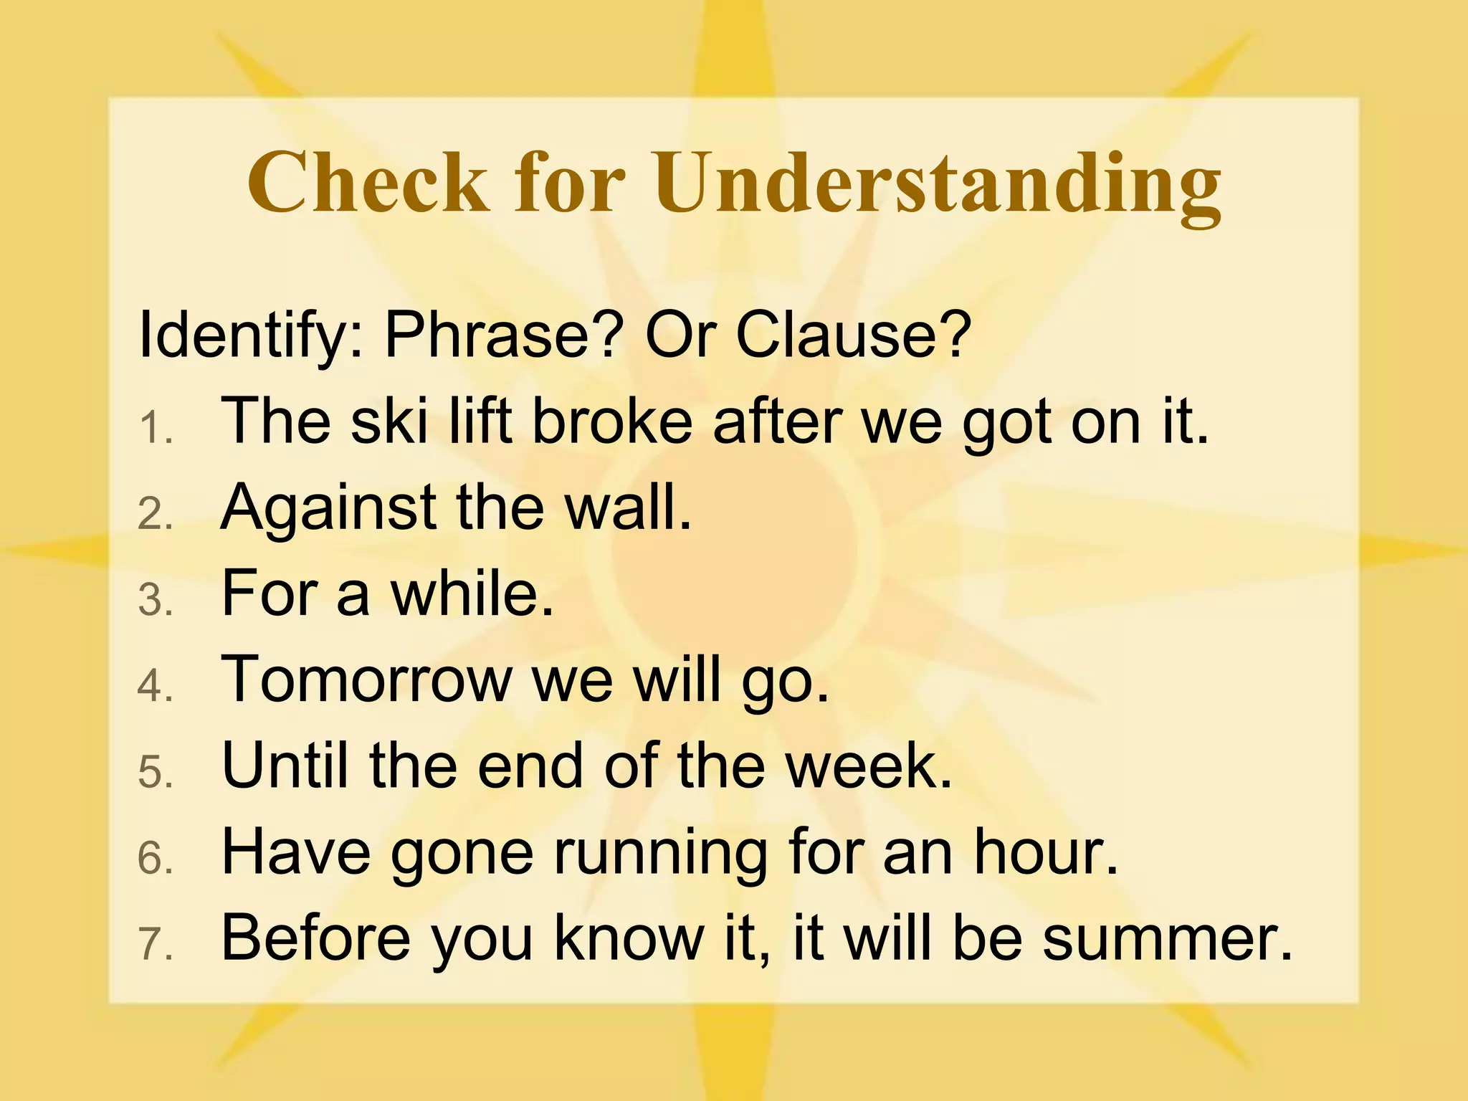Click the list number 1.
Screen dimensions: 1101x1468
point(155,430)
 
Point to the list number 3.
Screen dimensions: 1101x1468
point(155,601)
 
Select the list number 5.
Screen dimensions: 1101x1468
point(155,773)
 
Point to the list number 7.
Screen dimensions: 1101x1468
point(155,945)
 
